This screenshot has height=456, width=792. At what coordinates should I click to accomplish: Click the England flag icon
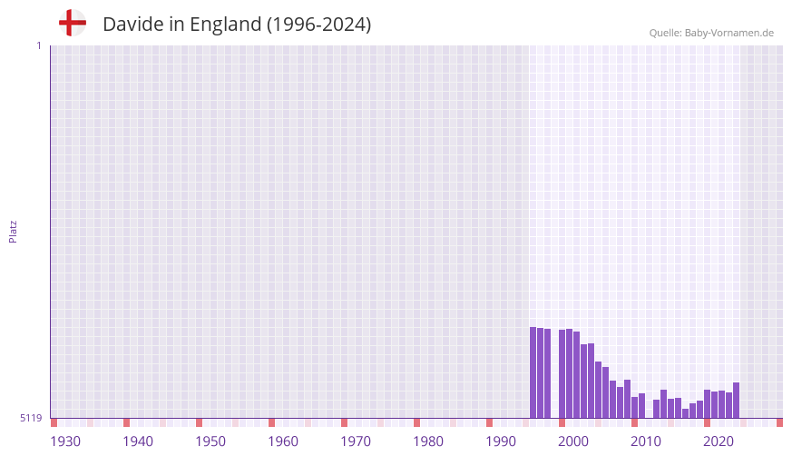[73, 24]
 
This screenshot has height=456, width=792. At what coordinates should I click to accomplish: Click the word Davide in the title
[132, 25]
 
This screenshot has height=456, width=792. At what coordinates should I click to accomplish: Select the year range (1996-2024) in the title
[318, 25]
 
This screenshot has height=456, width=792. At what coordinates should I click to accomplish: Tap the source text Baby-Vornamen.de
[729, 33]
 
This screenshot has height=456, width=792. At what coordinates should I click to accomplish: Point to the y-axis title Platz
[13, 231]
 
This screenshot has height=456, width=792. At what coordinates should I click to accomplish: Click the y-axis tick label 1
[38, 45]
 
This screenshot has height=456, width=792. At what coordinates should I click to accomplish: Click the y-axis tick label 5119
[31, 418]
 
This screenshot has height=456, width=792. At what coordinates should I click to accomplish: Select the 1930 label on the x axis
[65, 441]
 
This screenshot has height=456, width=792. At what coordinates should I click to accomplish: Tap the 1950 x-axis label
[210, 441]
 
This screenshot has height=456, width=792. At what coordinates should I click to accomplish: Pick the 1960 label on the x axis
[283, 441]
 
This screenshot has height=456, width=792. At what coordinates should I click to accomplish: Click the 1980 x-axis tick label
[428, 441]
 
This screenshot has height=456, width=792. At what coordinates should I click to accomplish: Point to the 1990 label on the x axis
[501, 441]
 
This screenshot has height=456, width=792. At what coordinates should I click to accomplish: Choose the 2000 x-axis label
[573, 441]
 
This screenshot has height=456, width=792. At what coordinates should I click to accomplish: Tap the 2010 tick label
[646, 441]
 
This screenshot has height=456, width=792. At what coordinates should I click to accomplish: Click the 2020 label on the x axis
[719, 441]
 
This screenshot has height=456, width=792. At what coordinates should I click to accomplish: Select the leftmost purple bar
[533, 372]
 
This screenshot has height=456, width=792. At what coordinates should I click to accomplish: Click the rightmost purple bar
[737, 401]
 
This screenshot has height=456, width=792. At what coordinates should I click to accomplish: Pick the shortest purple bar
[686, 413]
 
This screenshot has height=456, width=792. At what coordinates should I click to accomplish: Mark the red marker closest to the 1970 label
[345, 422]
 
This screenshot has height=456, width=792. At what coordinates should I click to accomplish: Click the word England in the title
[225, 25]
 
